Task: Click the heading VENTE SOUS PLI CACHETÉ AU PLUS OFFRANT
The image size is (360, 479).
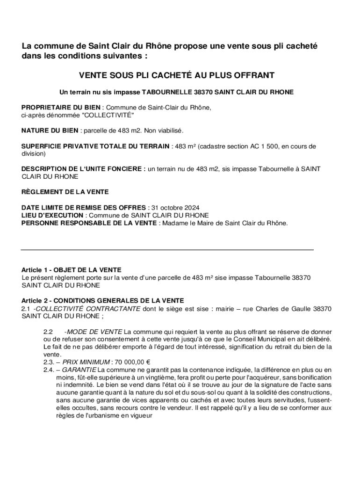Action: pos(176,75)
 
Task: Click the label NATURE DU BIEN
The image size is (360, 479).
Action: pos(50,131)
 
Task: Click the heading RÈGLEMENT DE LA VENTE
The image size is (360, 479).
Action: pos(65,192)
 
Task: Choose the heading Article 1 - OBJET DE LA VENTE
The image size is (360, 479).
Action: pos(71,270)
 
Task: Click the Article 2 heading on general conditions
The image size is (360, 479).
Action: pos(102,300)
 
